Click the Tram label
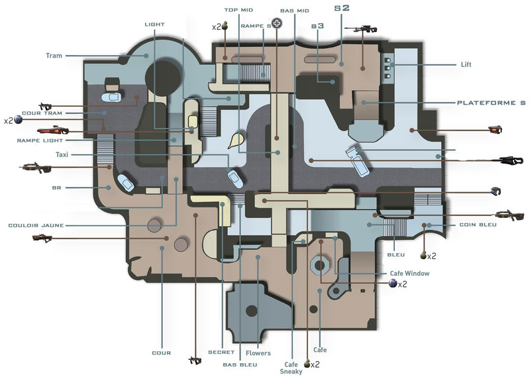tap(54, 56)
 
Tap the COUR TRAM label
tap(42, 113)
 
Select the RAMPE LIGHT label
tap(40, 140)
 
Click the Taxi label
tap(62, 154)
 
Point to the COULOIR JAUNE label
tap(36, 225)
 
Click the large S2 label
tap(342, 8)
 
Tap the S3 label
tap(318, 26)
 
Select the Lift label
tap(466, 64)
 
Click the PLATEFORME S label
tap(491, 103)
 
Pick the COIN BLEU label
tap(478, 225)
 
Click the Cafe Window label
tap(409, 273)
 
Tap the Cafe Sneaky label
tap(291, 368)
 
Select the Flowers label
tap(258, 353)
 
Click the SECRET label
tap(221, 352)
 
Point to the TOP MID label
tap(238, 10)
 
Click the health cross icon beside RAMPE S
tap(277, 23)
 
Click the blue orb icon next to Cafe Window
tap(393, 283)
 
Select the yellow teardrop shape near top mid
tap(236, 140)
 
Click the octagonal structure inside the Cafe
tap(319, 265)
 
